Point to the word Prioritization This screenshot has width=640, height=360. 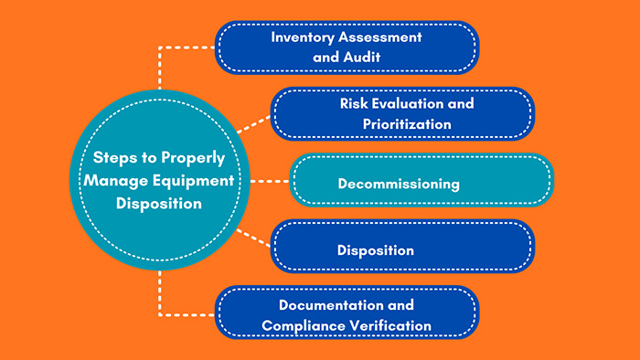[401, 122]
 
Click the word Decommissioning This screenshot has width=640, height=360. [398, 183]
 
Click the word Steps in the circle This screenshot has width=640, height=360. [106, 156]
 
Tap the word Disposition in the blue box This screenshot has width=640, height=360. [375, 249]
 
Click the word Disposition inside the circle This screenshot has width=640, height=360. [158, 204]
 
